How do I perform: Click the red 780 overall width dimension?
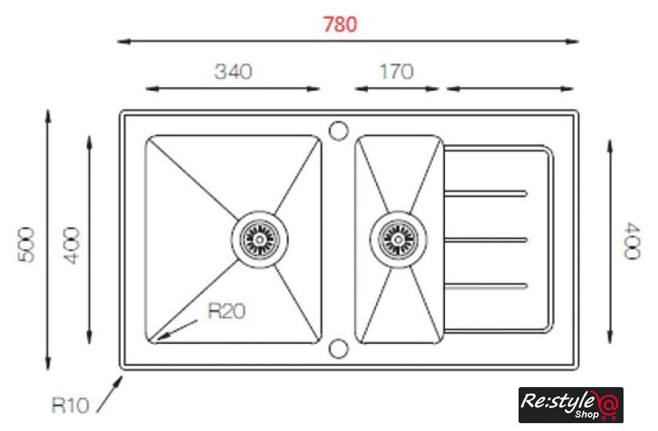[x=340, y=24]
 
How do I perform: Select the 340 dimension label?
[x=233, y=71]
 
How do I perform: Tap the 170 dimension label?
[x=396, y=71]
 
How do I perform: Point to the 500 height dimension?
[x=26, y=244]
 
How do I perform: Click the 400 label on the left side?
[x=72, y=245]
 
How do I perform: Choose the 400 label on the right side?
[x=632, y=241]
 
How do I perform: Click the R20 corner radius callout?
[x=226, y=311]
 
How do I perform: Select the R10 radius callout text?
[x=70, y=405]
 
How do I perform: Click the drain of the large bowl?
[x=260, y=239]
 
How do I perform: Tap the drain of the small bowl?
[x=398, y=239]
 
